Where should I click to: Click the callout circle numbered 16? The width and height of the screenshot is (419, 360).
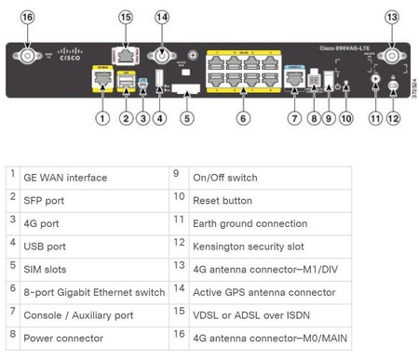pyautogui.click(x=26, y=17)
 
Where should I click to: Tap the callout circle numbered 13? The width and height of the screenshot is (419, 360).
pyautogui.click(x=391, y=17)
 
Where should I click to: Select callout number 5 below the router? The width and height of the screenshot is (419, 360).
pyautogui.click(x=187, y=118)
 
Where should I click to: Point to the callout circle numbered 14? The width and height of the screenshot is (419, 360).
pyautogui.click(x=162, y=17)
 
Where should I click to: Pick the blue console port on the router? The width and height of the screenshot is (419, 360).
pyautogui.click(x=294, y=79)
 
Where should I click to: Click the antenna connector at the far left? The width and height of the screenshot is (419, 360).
pyautogui.click(x=26, y=56)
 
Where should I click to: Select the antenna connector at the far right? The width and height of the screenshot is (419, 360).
pyautogui.click(x=391, y=56)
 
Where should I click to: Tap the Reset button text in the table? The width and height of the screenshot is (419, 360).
pyautogui.click(x=223, y=201)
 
